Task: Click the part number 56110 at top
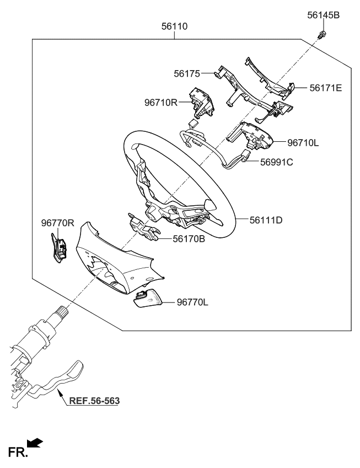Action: click(x=174, y=25)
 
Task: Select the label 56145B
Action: click(x=323, y=15)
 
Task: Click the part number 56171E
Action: click(x=325, y=87)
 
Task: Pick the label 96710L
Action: click(x=303, y=142)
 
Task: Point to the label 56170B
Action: click(x=189, y=238)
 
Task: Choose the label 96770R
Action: click(x=57, y=223)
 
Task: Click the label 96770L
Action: click(x=192, y=302)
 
